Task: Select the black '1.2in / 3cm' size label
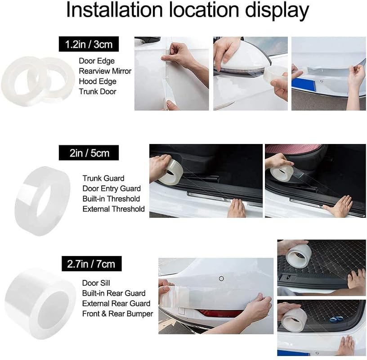89,45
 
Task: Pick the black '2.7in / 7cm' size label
91,263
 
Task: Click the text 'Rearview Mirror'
105,71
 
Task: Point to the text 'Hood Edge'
98,81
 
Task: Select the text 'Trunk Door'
98,92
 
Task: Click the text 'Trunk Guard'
103,178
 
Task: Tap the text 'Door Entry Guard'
112,189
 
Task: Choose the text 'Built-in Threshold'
111,198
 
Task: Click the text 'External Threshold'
113,209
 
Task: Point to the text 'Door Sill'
96,283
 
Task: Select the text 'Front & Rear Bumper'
117,314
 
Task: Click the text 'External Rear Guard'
116,304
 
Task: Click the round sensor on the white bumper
221,279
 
